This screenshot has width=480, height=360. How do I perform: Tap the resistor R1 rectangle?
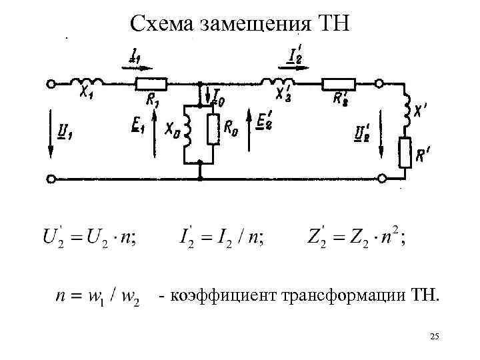(150, 84)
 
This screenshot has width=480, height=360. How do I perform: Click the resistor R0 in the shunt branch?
(213, 129)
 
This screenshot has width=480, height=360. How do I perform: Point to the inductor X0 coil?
(187, 129)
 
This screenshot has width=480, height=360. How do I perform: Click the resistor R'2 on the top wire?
(339, 84)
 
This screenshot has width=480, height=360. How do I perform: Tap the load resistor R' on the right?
(405, 152)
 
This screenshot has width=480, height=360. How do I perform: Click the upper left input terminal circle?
(50, 84)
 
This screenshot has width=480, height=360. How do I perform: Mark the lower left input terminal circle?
(50, 179)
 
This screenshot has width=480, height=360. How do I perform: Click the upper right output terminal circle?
(379, 84)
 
